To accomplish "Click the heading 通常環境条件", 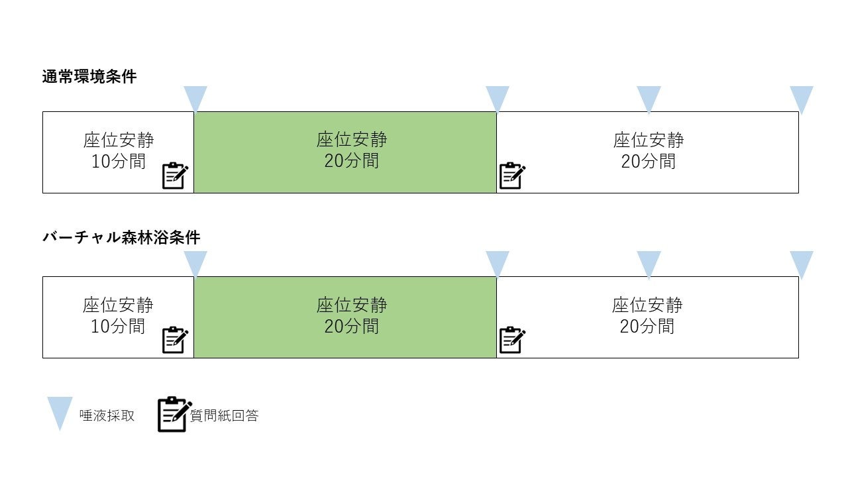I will pos(89,77).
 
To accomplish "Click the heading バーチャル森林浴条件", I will pos(121,237).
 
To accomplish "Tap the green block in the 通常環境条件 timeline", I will pos(345,152).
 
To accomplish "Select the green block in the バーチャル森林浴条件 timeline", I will pos(345,317).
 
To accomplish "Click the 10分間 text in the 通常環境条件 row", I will pos(119,162).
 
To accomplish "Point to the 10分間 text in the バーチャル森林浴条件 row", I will pos(118,327).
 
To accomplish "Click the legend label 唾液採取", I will pos(107,415).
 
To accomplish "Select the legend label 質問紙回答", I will pos(224,415).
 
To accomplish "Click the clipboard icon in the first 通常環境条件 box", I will pos(175,176).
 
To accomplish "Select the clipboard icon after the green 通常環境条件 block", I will pos(511,176).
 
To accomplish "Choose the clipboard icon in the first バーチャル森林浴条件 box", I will pos(175,340).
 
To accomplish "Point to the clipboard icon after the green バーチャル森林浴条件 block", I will pos(511,340).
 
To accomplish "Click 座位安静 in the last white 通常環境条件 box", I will pos(648,140).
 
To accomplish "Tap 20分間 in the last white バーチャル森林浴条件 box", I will pos(647,327).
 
